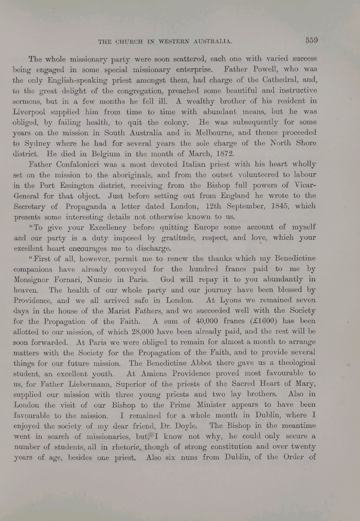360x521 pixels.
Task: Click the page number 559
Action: (x=311, y=40)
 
